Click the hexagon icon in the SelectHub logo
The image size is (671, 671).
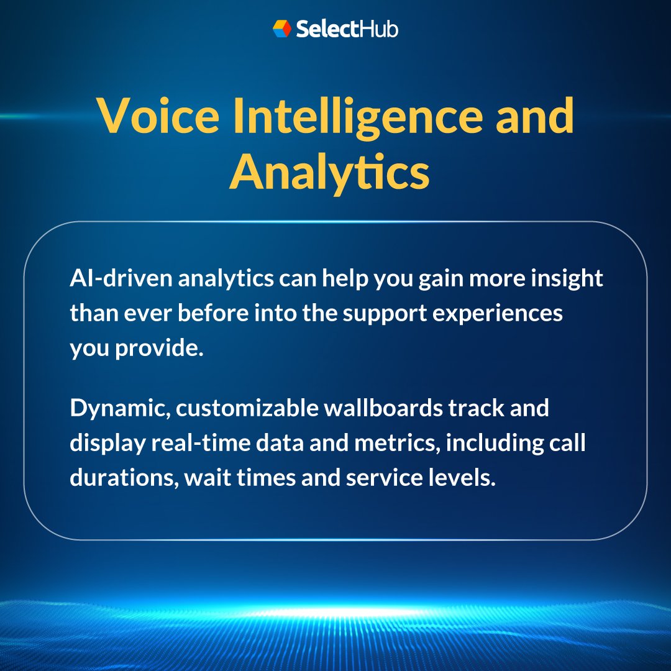(x=282, y=29)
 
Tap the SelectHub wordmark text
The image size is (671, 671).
(x=347, y=29)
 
